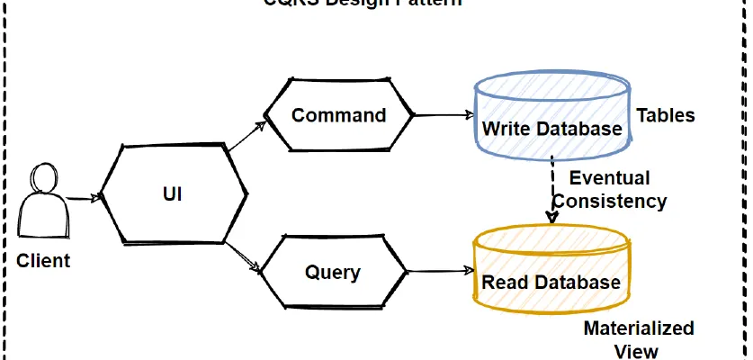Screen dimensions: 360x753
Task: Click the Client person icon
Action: [x=44, y=202]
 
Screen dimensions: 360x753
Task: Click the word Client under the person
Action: [x=43, y=261]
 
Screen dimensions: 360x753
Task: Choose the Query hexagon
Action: [x=333, y=272]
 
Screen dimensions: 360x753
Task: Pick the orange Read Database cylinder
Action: [x=551, y=272]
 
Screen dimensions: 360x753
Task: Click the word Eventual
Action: [x=609, y=178]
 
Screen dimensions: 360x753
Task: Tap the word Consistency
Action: [x=609, y=201]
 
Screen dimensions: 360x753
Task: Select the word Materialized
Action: [x=639, y=328]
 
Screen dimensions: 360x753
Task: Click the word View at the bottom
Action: [x=636, y=351]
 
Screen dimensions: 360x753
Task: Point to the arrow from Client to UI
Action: [x=83, y=198]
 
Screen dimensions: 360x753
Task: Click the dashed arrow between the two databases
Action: [x=551, y=189]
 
